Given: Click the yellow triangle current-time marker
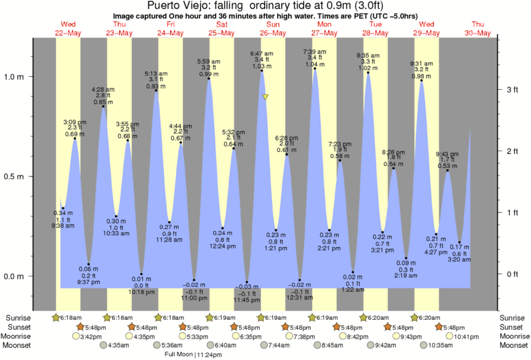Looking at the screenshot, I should (266, 98).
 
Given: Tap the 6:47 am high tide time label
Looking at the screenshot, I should (261, 53).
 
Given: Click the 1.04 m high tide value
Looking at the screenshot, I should (315, 65).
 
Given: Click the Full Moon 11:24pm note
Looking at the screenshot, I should (194, 355).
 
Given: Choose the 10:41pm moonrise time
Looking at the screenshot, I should (467, 337).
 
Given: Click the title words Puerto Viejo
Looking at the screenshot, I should (167, 7).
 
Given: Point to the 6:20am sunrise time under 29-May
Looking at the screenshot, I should (431, 318).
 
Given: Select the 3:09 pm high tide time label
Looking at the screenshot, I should (74, 122).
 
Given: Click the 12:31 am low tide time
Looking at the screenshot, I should (299, 298).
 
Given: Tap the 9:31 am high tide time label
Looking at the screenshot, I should (422, 64).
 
